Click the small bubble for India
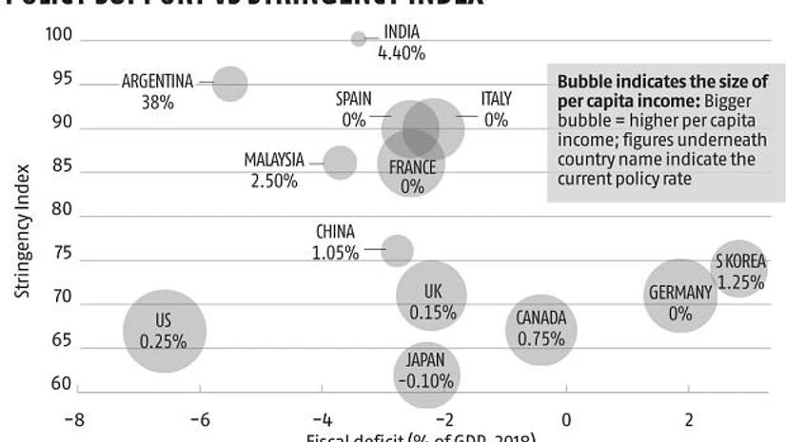(x=358, y=39)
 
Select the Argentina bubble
(x=229, y=83)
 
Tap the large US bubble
(x=165, y=331)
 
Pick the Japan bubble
(x=426, y=373)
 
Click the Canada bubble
(x=540, y=330)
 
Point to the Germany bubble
(x=679, y=296)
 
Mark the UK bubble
(x=432, y=296)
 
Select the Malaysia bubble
(x=340, y=163)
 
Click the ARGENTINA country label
(x=157, y=82)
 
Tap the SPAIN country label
(x=353, y=99)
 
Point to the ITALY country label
(x=496, y=99)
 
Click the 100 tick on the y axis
(x=59, y=35)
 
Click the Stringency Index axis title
(x=23, y=233)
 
